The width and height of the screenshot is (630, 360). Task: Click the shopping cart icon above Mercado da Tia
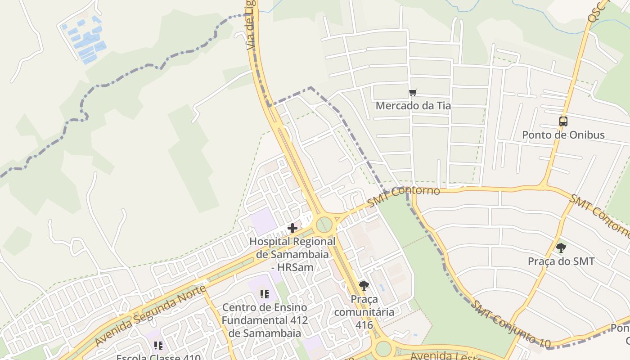click(x=413, y=93)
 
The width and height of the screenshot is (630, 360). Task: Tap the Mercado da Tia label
click(x=413, y=106)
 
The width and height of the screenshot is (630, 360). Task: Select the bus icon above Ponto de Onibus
click(x=563, y=121)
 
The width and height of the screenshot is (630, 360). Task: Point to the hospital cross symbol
click(x=292, y=228)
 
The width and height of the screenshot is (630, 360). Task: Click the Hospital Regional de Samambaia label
click(x=292, y=254)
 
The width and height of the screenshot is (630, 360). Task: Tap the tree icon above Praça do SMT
click(x=561, y=247)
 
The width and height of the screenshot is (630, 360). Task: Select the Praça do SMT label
click(x=561, y=261)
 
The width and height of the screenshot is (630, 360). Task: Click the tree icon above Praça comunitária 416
click(x=364, y=285)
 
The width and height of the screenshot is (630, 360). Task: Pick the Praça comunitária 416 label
click(x=364, y=312)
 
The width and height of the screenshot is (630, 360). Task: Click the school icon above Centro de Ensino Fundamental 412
click(x=264, y=294)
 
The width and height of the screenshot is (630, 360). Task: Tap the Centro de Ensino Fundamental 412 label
click(x=265, y=320)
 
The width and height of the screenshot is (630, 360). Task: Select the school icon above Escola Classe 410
click(x=158, y=346)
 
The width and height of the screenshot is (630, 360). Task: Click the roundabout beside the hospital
click(x=324, y=224)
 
